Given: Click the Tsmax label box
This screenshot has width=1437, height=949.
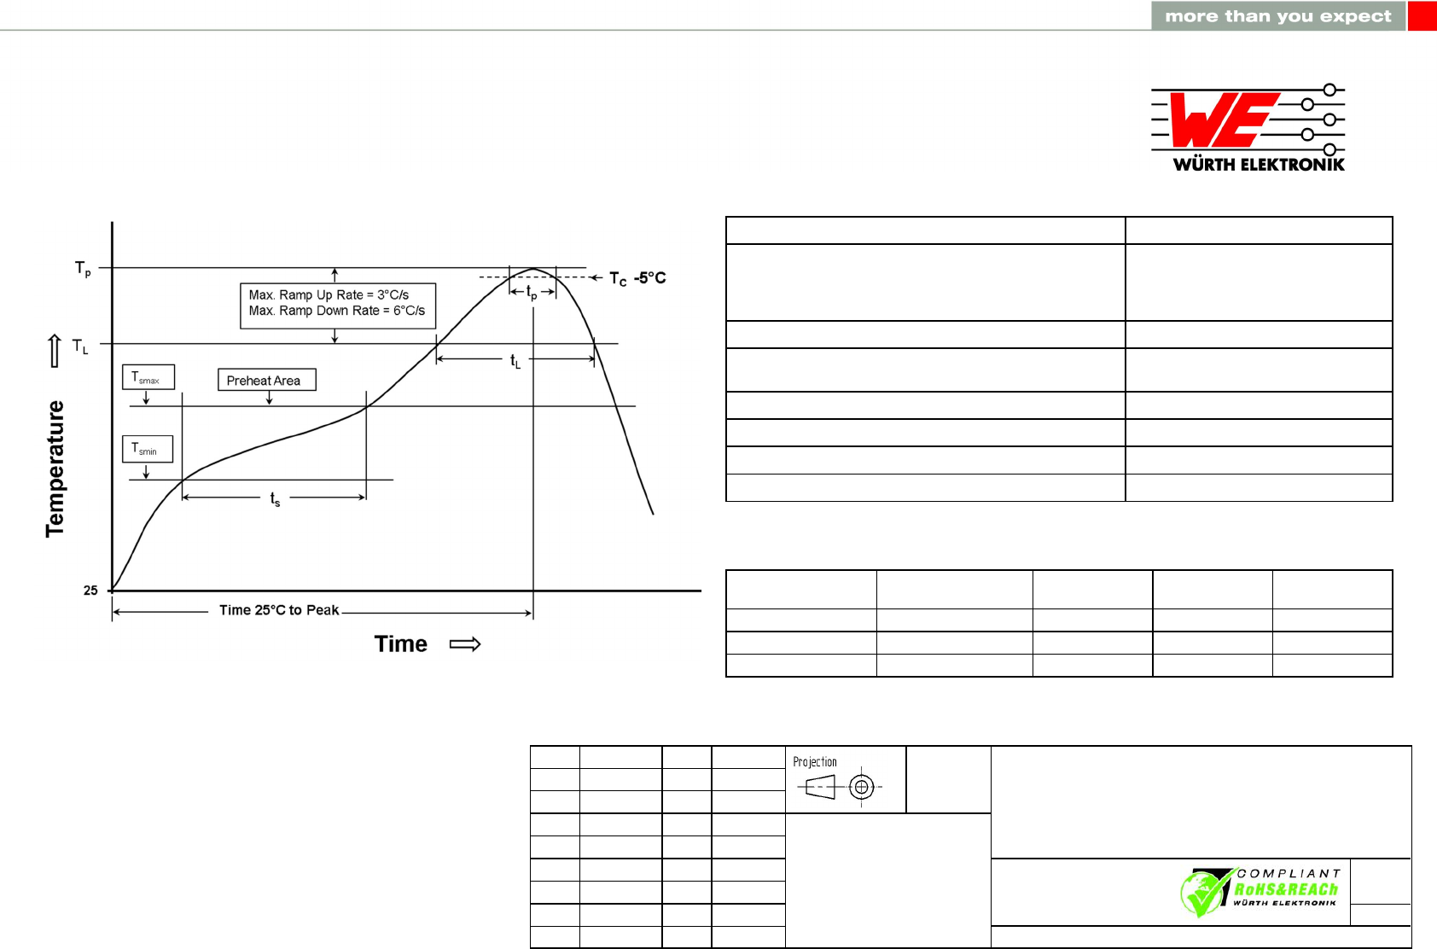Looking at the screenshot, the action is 148,377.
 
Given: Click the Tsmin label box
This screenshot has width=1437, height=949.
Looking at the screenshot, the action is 148,449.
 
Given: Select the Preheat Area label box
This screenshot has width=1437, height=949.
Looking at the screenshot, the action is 267,380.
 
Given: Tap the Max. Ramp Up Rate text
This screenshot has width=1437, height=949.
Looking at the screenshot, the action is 329,294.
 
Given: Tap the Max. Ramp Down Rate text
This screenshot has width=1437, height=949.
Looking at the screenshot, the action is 337,311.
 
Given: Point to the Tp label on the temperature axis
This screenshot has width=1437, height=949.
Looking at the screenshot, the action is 83,268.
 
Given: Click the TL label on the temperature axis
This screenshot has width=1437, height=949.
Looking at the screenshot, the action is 80,346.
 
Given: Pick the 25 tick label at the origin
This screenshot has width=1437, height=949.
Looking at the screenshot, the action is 90,591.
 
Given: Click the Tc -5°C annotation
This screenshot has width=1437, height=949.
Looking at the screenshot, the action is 637,278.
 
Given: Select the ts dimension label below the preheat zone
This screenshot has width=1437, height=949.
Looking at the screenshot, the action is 276,498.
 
